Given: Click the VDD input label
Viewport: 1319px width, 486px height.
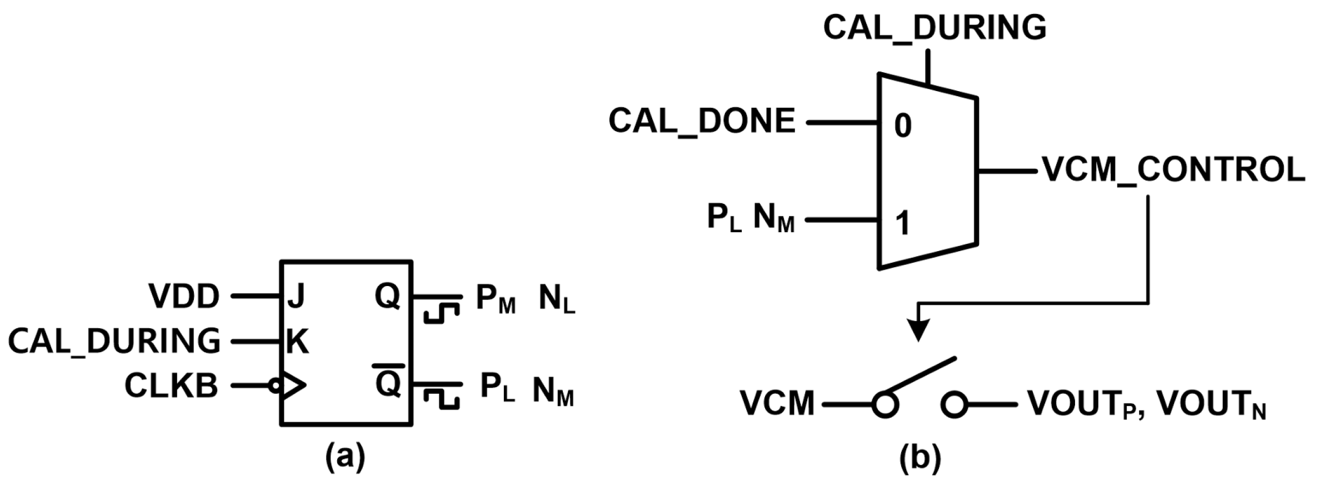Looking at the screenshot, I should (184, 297).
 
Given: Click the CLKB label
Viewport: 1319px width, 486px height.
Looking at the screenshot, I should (171, 385).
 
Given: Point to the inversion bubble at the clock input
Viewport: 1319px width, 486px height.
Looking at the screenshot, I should (275, 385).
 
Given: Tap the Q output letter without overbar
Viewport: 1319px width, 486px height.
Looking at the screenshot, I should (387, 296).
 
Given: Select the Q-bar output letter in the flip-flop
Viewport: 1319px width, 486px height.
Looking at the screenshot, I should (387, 383).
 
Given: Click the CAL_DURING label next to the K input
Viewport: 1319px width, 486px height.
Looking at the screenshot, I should (114, 341).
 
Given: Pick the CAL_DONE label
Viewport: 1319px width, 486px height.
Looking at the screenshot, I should (702, 121).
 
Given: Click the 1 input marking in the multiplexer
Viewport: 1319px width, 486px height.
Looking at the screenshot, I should (903, 223).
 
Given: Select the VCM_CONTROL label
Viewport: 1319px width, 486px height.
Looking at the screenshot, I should (1173, 169).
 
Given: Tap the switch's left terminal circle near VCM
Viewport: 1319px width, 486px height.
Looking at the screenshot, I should (885, 404).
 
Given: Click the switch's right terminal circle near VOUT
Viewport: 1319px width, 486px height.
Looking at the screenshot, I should (954, 404).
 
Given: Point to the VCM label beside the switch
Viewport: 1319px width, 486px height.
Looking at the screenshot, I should (777, 403).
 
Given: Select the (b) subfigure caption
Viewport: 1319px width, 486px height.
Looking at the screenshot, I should (920, 459).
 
